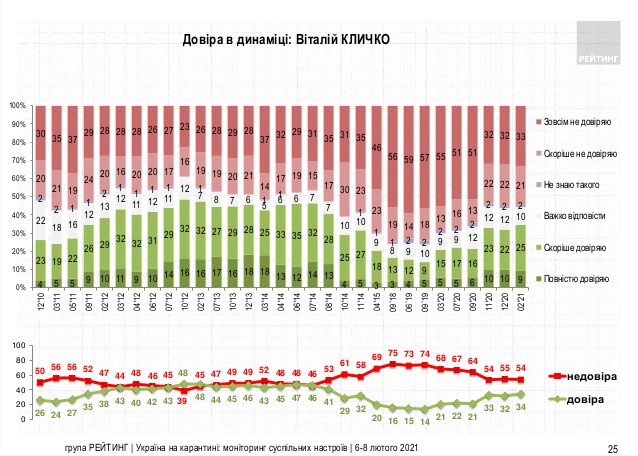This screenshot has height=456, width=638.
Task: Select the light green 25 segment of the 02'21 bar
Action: (x=522, y=247)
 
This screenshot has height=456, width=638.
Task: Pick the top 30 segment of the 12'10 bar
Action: (x=41, y=133)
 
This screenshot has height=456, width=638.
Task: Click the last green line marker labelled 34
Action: (x=522, y=394)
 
